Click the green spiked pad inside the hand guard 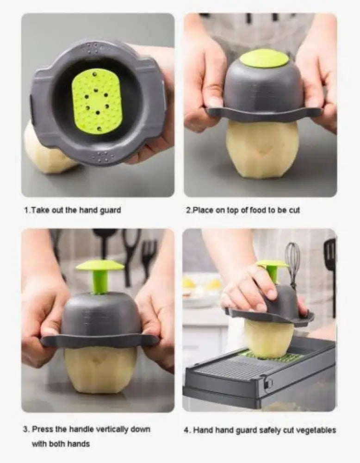pyautogui.click(x=97, y=101)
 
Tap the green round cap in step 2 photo pyautogui.click(x=264, y=58)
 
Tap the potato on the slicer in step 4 pyautogui.click(x=269, y=338)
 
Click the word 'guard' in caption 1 pyautogui.click(x=110, y=210)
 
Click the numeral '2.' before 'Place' pyautogui.click(x=189, y=210)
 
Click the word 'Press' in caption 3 pyautogui.click(x=42, y=429)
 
